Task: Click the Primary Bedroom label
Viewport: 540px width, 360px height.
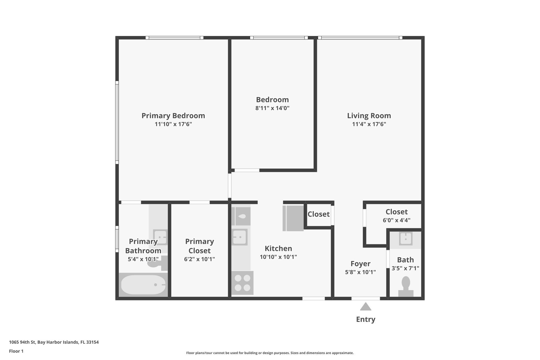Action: pos(173,116)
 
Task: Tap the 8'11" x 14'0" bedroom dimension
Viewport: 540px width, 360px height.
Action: pos(272,108)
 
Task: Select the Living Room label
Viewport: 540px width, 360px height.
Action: pos(369,116)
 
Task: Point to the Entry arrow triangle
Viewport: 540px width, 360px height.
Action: pos(366,306)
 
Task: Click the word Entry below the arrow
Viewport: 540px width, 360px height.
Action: pos(366,319)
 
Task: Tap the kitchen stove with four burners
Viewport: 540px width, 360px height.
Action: pos(242,283)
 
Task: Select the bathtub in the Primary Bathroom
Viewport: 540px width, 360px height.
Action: pos(143,285)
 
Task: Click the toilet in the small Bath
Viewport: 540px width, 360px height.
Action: pos(406,286)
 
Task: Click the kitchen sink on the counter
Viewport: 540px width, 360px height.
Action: pos(239,237)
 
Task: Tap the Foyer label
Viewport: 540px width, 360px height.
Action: pos(360,264)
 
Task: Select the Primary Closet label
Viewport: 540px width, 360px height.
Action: pos(199,246)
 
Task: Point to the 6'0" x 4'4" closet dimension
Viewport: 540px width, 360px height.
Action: pos(397,220)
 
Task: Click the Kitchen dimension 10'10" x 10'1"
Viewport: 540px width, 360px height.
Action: pos(278,257)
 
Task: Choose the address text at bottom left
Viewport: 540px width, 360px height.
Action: pos(54,342)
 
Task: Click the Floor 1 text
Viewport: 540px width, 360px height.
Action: pos(16,351)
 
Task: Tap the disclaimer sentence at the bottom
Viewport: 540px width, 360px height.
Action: pos(270,353)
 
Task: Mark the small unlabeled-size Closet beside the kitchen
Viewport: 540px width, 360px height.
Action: pos(318,214)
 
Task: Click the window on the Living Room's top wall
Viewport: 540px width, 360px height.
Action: pos(360,38)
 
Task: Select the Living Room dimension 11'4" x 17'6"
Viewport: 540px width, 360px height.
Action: pos(369,124)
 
